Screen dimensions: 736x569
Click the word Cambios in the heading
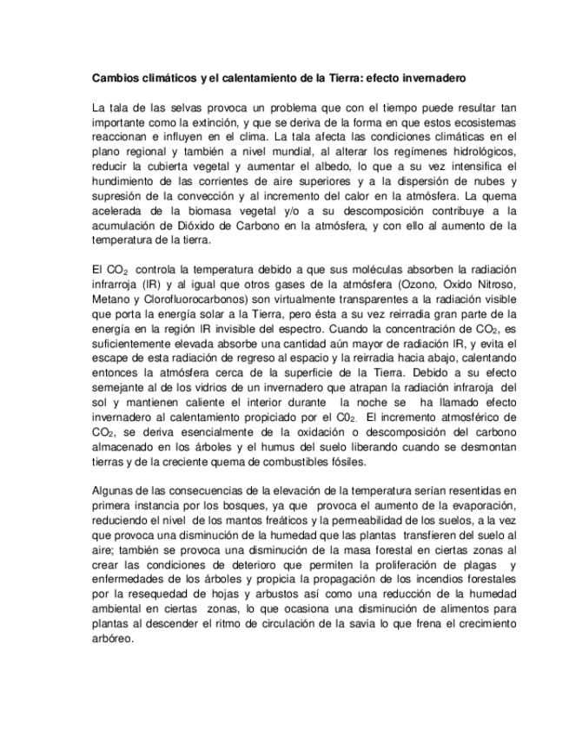pos(114,77)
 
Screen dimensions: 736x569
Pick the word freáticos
pos(247,521)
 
